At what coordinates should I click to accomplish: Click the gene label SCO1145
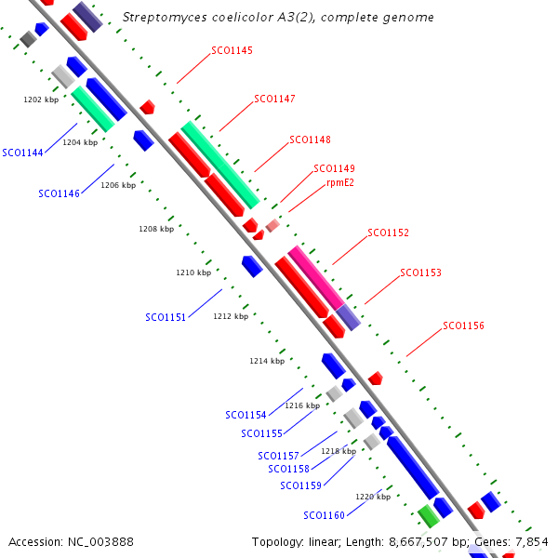[x=232, y=50]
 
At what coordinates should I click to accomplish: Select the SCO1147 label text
[x=274, y=99]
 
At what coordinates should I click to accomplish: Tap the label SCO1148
[x=310, y=139]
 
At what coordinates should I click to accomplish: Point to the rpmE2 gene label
[x=339, y=182]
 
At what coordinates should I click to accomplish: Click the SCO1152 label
[x=388, y=232]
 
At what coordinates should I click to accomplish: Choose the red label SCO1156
[x=463, y=325]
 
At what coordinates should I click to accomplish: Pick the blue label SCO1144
[x=22, y=152]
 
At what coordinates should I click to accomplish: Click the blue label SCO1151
[x=166, y=317]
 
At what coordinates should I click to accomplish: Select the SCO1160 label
[x=324, y=515]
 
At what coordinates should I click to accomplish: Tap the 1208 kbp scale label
[x=156, y=228]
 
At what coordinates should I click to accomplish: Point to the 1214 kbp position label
[x=267, y=361]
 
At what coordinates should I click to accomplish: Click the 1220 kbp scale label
[x=373, y=497]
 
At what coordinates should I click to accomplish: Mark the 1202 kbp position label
[x=41, y=98]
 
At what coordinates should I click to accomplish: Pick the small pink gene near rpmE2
[x=272, y=225]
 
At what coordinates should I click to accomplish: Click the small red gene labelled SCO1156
[x=376, y=379]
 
